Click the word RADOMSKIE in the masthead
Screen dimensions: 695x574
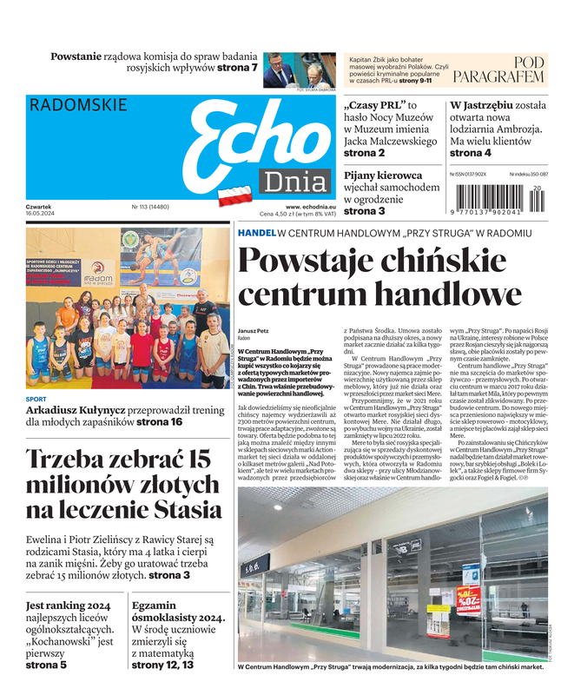tap(78, 105)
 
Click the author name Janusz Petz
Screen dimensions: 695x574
tap(252, 331)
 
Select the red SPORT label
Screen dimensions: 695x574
tap(36, 400)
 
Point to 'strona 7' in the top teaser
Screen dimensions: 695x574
tap(236, 67)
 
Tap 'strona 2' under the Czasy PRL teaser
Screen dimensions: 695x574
tap(365, 153)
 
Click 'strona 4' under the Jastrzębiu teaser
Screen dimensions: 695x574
tap(470, 153)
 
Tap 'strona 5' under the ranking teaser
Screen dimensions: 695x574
tap(46, 665)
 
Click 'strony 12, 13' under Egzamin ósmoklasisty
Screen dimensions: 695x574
tap(162, 665)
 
